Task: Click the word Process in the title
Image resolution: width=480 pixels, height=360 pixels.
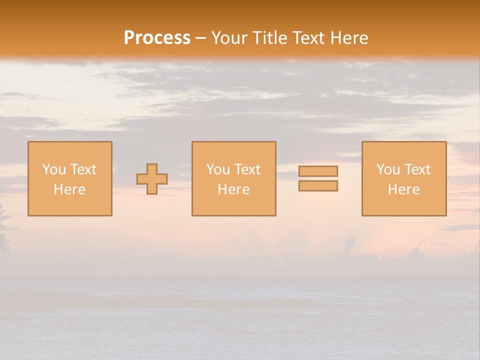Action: (x=157, y=38)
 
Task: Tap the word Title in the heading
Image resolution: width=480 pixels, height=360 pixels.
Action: (x=273, y=38)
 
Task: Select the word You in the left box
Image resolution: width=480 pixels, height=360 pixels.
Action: (x=53, y=169)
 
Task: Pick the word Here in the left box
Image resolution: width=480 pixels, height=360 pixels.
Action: (x=69, y=189)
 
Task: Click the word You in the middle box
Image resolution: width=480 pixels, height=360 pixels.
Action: (x=218, y=169)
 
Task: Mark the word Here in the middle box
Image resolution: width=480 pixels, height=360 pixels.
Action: (x=233, y=189)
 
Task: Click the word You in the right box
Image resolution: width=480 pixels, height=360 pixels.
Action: (x=388, y=169)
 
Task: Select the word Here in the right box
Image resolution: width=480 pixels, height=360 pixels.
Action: (x=403, y=189)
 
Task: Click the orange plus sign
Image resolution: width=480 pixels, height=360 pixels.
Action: (x=152, y=179)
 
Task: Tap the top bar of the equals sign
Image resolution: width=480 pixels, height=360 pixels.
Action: (x=318, y=171)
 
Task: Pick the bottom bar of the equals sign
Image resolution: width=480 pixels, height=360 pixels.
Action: (x=318, y=186)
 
